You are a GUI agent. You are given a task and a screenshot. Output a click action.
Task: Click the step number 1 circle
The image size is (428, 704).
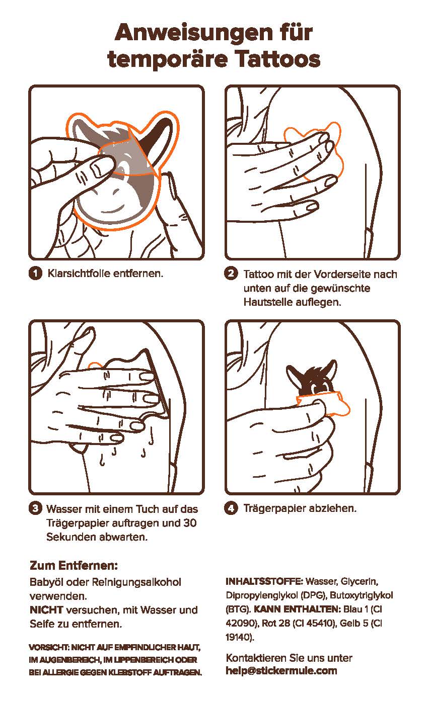pyautogui.click(x=35, y=273)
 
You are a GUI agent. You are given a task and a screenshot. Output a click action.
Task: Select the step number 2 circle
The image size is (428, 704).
pyautogui.click(x=231, y=273)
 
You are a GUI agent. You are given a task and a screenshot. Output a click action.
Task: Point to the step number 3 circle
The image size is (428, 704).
pyautogui.click(x=35, y=508)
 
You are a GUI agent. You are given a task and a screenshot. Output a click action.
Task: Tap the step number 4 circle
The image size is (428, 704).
pyautogui.click(x=231, y=508)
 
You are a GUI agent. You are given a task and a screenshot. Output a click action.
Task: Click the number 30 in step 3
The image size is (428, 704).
pyautogui.click(x=190, y=522)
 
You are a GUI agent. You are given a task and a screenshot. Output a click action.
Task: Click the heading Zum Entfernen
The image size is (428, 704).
pyautogui.click(x=74, y=565)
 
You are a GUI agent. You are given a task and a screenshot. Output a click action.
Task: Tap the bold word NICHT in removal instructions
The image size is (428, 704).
pyautogui.click(x=46, y=609)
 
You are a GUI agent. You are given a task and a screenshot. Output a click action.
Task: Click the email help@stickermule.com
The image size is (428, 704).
pyautogui.click(x=281, y=671)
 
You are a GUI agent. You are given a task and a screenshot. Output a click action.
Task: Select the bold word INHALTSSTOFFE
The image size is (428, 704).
pyautogui.click(x=264, y=581)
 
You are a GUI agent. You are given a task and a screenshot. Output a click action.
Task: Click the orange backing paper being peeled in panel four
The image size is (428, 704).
pyautogui.click(x=324, y=404)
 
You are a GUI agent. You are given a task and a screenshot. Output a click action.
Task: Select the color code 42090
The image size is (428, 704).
pyautogui.click(x=240, y=623)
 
